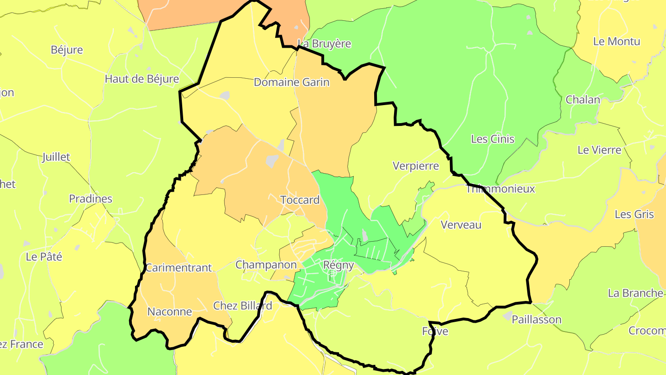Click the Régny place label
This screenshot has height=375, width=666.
point(339,265)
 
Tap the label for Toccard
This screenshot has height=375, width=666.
point(300,200)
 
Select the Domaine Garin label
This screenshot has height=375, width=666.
point(291,82)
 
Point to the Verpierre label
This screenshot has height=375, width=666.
point(415,166)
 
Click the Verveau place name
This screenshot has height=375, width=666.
point(461,225)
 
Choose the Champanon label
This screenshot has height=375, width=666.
point(266,265)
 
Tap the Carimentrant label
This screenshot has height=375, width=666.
point(179,268)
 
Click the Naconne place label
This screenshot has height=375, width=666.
point(169,312)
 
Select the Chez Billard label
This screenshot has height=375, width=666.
point(242,306)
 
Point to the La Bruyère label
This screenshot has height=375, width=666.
point(324,44)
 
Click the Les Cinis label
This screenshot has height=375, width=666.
point(493,139)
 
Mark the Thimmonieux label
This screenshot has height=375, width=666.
point(500,189)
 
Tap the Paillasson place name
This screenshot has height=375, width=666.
point(536,319)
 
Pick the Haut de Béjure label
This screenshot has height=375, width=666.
point(142,79)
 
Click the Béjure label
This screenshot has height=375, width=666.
point(67,50)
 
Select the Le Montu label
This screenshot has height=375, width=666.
point(617,41)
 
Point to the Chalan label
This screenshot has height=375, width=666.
point(583,100)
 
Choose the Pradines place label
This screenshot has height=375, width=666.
point(91,199)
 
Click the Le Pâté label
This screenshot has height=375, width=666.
point(44,256)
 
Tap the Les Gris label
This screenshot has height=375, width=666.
point(634,214)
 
